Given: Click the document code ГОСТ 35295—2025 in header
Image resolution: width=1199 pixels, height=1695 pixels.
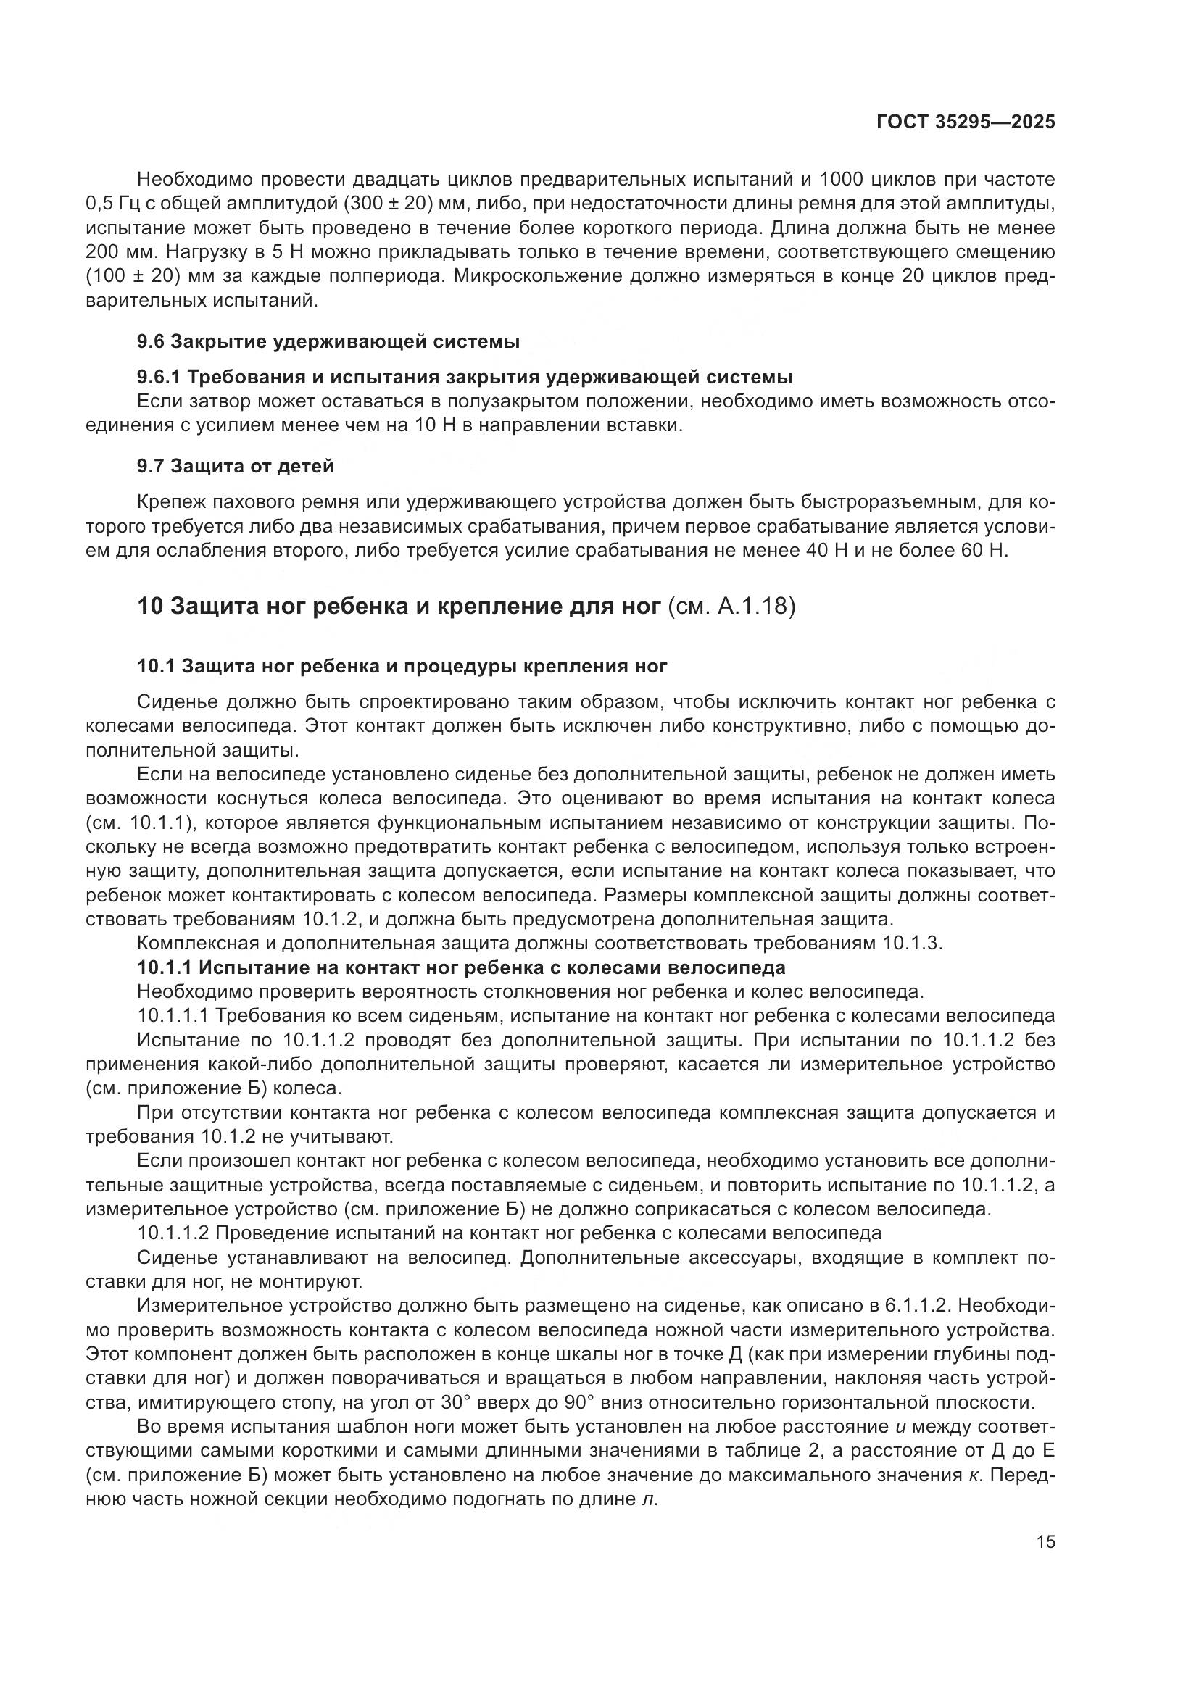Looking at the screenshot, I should coord(965,122).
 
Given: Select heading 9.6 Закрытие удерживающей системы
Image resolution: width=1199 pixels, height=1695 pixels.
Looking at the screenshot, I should coord(328,342).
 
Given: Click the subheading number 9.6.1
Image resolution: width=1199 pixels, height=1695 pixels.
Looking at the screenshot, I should coord(159,378).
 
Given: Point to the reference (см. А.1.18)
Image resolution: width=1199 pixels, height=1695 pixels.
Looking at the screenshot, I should coord(730,607).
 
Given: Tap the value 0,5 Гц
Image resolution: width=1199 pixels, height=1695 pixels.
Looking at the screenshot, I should coord(107,204).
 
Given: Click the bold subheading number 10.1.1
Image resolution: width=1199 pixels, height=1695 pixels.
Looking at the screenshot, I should coord(164,967).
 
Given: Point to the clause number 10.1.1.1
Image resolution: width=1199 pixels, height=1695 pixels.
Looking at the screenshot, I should coord(173,1016).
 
